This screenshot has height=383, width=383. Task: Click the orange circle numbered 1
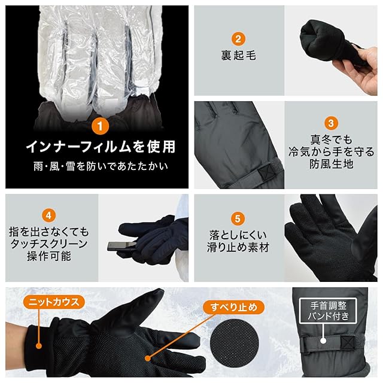(x=100, y=126)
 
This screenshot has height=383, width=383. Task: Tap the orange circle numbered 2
(x=238, y=38)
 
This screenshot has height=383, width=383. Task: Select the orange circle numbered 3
(x=331, y=123)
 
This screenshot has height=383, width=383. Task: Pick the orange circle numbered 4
(x=48, y=215)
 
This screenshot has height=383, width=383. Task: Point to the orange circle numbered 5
(x=238, y=218)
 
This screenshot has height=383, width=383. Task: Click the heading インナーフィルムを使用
(x=101, y=147)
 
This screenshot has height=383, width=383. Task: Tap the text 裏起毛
(x=238, y=55)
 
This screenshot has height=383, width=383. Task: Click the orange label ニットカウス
(x=54, y=302)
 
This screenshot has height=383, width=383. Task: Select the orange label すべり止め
(x=234, y=307)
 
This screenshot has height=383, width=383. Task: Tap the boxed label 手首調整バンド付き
(x=328, y=311)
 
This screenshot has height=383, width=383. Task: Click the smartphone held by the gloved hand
(x=121, y=246)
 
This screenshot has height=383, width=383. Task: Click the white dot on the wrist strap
(x=323, y=341)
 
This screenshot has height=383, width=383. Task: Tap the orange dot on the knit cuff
(x=38, y=346)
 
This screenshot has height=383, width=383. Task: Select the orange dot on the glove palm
(x=148, y=358)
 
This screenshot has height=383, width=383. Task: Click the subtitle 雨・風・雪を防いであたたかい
(x=101, y=166)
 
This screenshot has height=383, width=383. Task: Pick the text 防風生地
(x=331, y=163)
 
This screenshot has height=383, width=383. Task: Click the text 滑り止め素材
(x=238, y=247)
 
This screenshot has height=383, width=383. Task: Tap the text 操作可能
(x=49, y=256)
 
